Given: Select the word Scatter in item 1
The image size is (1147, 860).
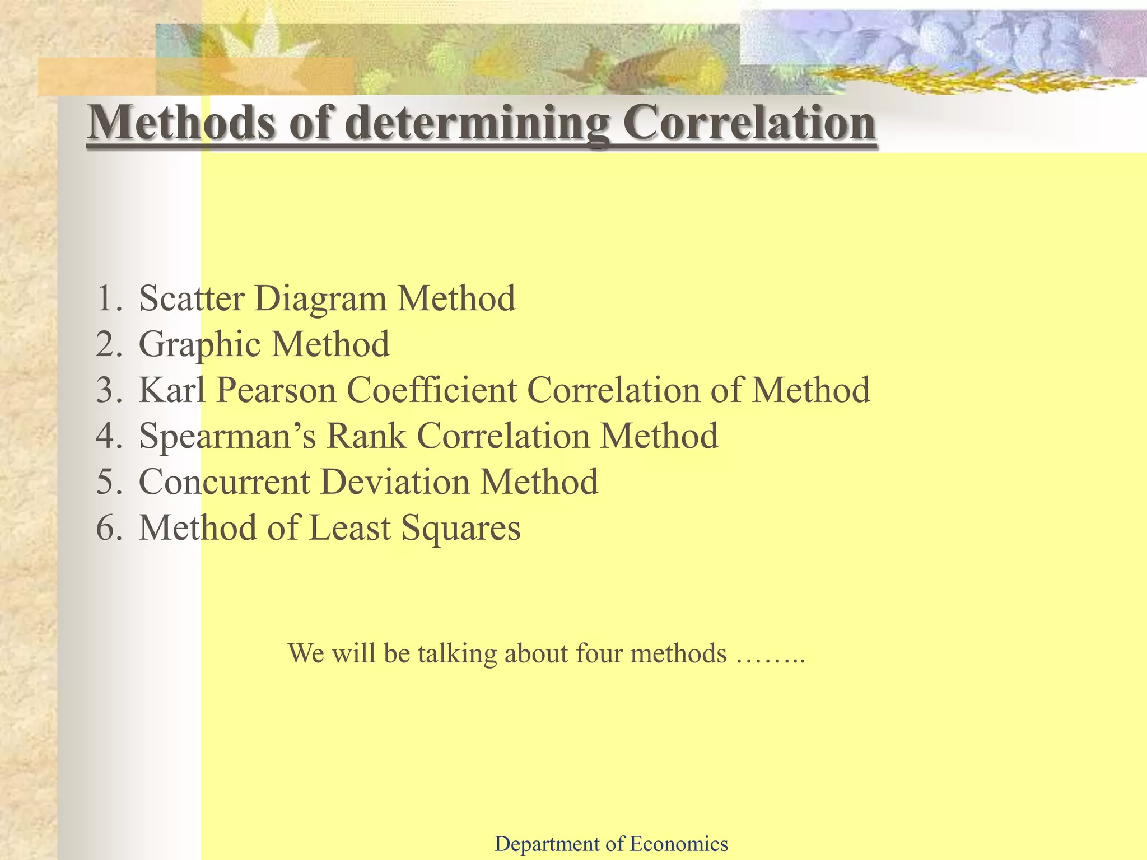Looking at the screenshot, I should coord(192,298).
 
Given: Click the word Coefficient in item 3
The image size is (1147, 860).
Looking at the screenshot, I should coord(432,390).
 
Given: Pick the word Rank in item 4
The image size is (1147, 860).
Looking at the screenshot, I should coord(366,436).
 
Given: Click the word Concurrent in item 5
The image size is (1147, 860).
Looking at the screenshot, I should coord(224,482).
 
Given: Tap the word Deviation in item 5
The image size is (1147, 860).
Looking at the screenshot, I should coord(395,482).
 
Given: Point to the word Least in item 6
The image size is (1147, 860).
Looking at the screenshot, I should coord(349,527).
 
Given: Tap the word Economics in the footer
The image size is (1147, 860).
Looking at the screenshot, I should coord(679,844).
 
